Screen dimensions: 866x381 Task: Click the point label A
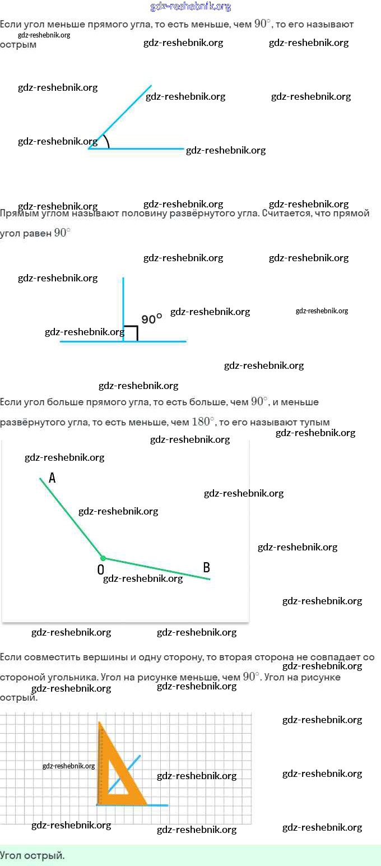tap(52, 478)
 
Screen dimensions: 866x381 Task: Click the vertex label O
tap(100, 569)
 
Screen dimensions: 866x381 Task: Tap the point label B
tap(206, 567)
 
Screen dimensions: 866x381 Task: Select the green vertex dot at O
tap(103, 558)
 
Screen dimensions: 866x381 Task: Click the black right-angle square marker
tap(131, 333)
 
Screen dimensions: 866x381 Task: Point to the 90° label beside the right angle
tap(151, 319)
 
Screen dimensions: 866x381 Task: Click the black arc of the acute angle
tap(106, 141)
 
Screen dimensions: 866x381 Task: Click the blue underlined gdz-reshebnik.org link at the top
tap(190, 7)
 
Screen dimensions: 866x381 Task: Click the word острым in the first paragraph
tap(18, 45)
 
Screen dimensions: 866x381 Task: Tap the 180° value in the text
tap(203, 422)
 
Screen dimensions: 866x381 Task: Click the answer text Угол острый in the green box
tap(32, 855)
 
